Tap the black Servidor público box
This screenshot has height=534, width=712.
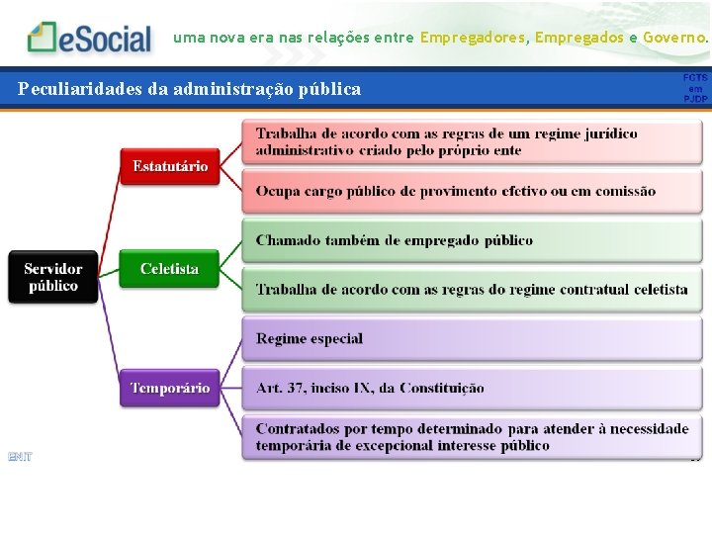[53, 277]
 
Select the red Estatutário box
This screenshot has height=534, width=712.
[170, 166]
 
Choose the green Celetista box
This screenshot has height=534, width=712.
[169, 269]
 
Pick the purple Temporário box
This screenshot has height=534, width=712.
[170, 388]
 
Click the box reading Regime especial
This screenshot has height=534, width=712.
[472, 338]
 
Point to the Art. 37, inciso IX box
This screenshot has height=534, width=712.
[472, 388]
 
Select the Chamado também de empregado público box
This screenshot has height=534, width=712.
[472, 240]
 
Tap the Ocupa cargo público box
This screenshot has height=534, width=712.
[472, 191]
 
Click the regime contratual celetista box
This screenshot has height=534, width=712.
[472, 289]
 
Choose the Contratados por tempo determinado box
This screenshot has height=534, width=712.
[472, 437]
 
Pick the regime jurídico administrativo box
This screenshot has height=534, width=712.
[472, 141]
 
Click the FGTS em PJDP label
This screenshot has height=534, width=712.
[695, 88]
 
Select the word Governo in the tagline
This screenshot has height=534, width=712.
[674, 38]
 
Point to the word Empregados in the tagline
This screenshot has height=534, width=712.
[579, 38]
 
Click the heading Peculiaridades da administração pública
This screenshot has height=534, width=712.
[190, 89]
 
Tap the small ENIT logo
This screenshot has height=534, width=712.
[20, 456]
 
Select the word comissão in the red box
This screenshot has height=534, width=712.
[620, 191]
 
